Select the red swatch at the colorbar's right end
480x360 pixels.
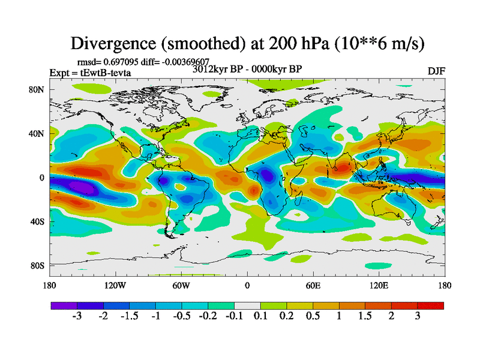coord(431,305)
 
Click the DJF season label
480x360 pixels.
coord(436,71)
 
